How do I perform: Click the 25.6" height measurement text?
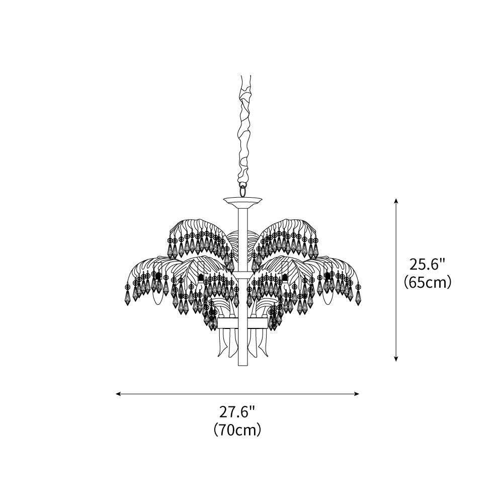[x=428, y=265]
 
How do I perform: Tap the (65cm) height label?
[x=428, y=282]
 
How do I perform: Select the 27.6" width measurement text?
[x=237, y=412]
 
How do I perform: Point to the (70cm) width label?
[x=237, y=430]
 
